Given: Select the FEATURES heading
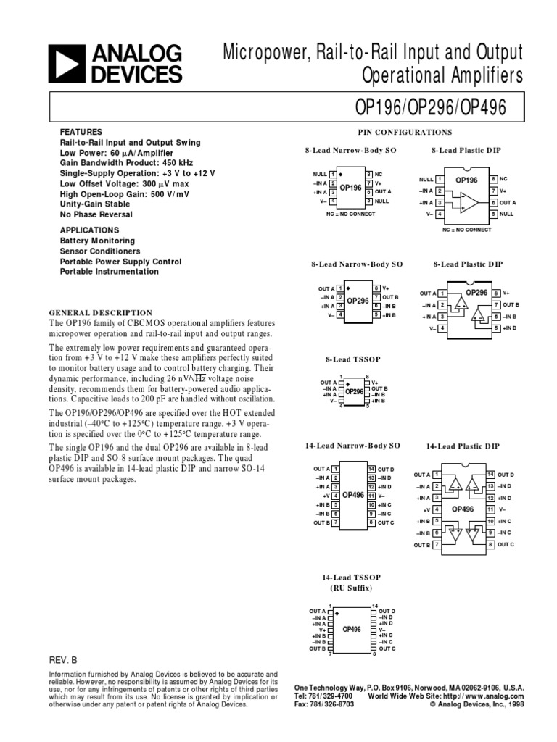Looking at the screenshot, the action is (77, 133).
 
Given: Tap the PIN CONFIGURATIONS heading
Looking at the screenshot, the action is (405, 133).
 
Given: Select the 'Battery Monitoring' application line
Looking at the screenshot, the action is (97, 241).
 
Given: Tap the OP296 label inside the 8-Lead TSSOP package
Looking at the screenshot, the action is (353, 391).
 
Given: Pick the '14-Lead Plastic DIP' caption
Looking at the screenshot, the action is (463, 447).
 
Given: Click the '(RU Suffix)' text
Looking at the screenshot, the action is (352, 587).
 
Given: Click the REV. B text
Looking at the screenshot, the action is (62, 661).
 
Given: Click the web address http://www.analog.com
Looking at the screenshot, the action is (487, 696).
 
